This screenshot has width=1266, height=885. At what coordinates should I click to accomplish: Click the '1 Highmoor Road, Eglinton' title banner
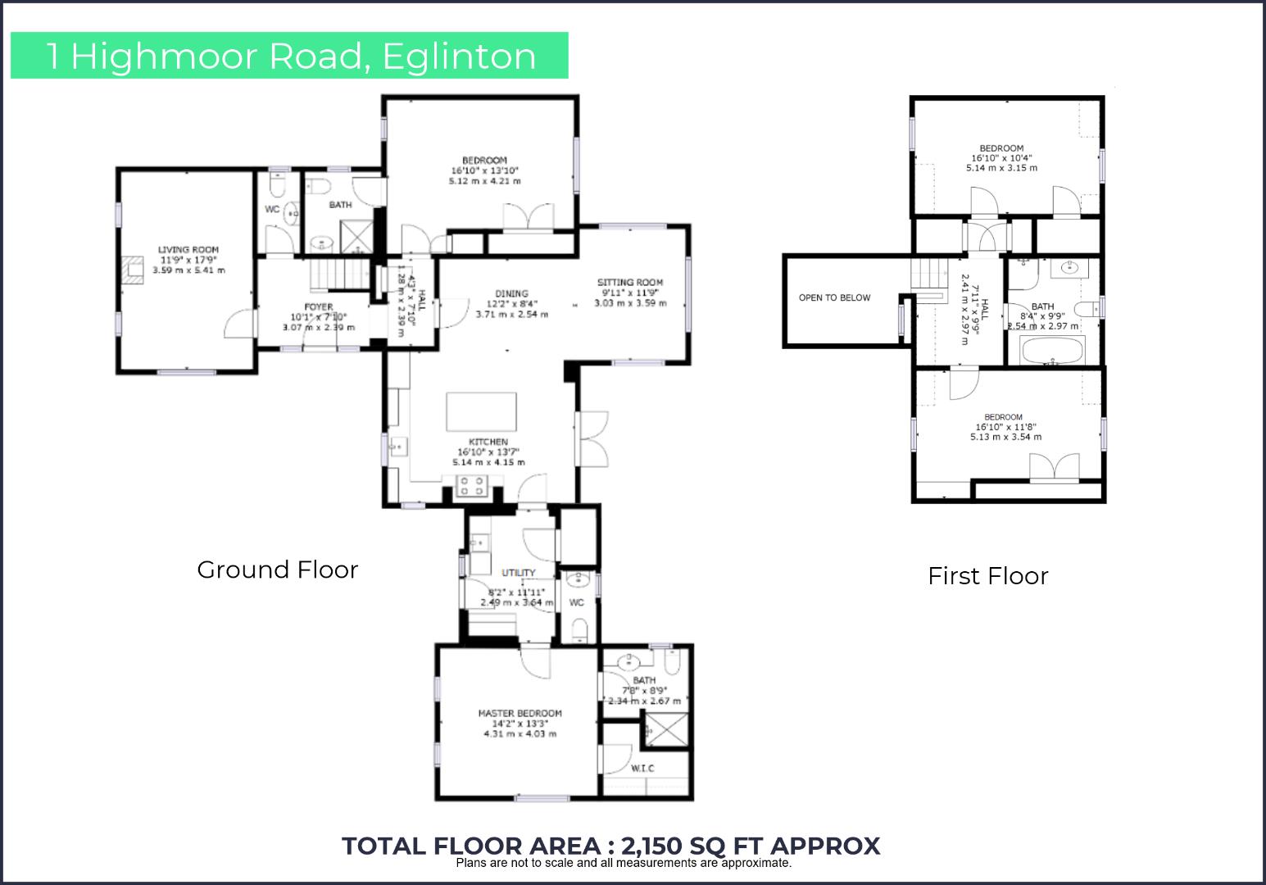(289, 56)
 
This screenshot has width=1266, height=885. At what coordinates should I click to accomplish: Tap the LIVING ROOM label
(188, 250)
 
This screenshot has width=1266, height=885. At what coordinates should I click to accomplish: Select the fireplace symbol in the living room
(132, 269)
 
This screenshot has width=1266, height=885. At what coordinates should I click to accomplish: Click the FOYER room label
(319, 307)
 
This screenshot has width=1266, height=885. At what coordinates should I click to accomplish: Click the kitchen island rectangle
(482, 411)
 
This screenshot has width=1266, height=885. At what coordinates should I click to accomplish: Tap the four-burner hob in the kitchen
(473, 487)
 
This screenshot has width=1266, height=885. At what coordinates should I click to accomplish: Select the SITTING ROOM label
(630, 283)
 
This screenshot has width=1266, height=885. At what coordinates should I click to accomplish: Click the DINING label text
(511, 293)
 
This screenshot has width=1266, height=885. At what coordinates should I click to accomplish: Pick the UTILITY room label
(519, 573)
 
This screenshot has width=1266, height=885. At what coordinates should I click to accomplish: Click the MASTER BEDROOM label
(520, 713)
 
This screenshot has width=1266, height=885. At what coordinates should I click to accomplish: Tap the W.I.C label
(642, 768)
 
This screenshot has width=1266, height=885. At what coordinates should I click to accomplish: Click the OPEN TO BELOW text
(834, 297)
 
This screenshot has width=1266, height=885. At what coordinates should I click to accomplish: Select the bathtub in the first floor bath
(1052, 352)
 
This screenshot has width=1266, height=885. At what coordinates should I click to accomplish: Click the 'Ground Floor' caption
(278, 570)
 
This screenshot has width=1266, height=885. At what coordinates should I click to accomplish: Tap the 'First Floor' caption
(987, 576)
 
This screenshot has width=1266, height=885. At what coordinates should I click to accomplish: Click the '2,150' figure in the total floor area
(655, 846)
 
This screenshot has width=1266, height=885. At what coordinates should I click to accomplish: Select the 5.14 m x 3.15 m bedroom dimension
(1001, 168)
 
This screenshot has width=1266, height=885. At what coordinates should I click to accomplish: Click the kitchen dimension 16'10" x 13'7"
(488, 452)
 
